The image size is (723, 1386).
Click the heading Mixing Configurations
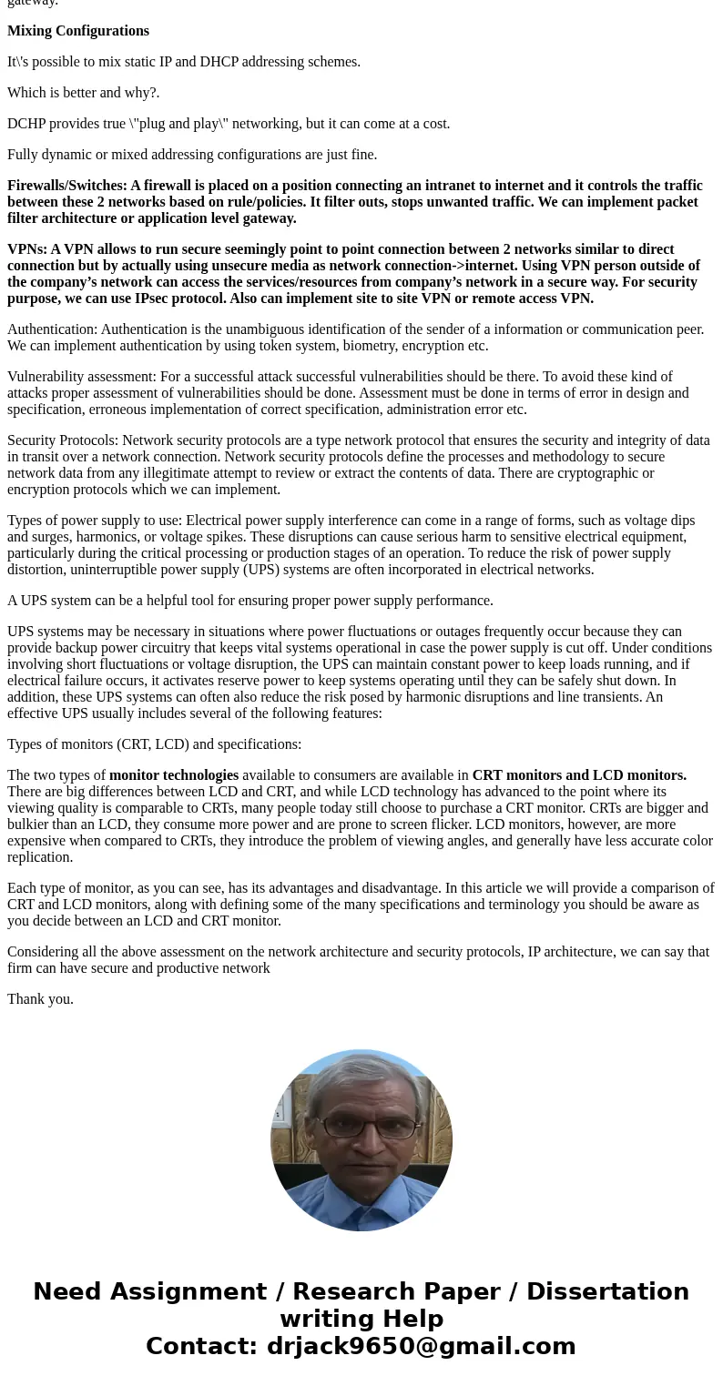click(x=78, y=31)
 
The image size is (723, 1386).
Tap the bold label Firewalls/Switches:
click(x=67, y=186)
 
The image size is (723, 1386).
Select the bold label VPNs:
click(x=27, y=249)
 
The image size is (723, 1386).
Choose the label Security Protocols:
click(x=63, y=440)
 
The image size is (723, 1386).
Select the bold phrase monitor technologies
click(x=174, y=775)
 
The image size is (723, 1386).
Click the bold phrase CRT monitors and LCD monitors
click(x=579, y=775)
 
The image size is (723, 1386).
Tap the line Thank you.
click(x=40, y=999)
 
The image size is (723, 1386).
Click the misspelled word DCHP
click(x=26, y=124)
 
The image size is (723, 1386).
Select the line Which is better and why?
click(x=84, y=93)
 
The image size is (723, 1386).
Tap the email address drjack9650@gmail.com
click(x=421, y=1346)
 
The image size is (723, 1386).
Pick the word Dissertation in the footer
click(x=607, y=1292)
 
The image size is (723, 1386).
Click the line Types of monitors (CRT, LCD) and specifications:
click(x=155, y=744)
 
